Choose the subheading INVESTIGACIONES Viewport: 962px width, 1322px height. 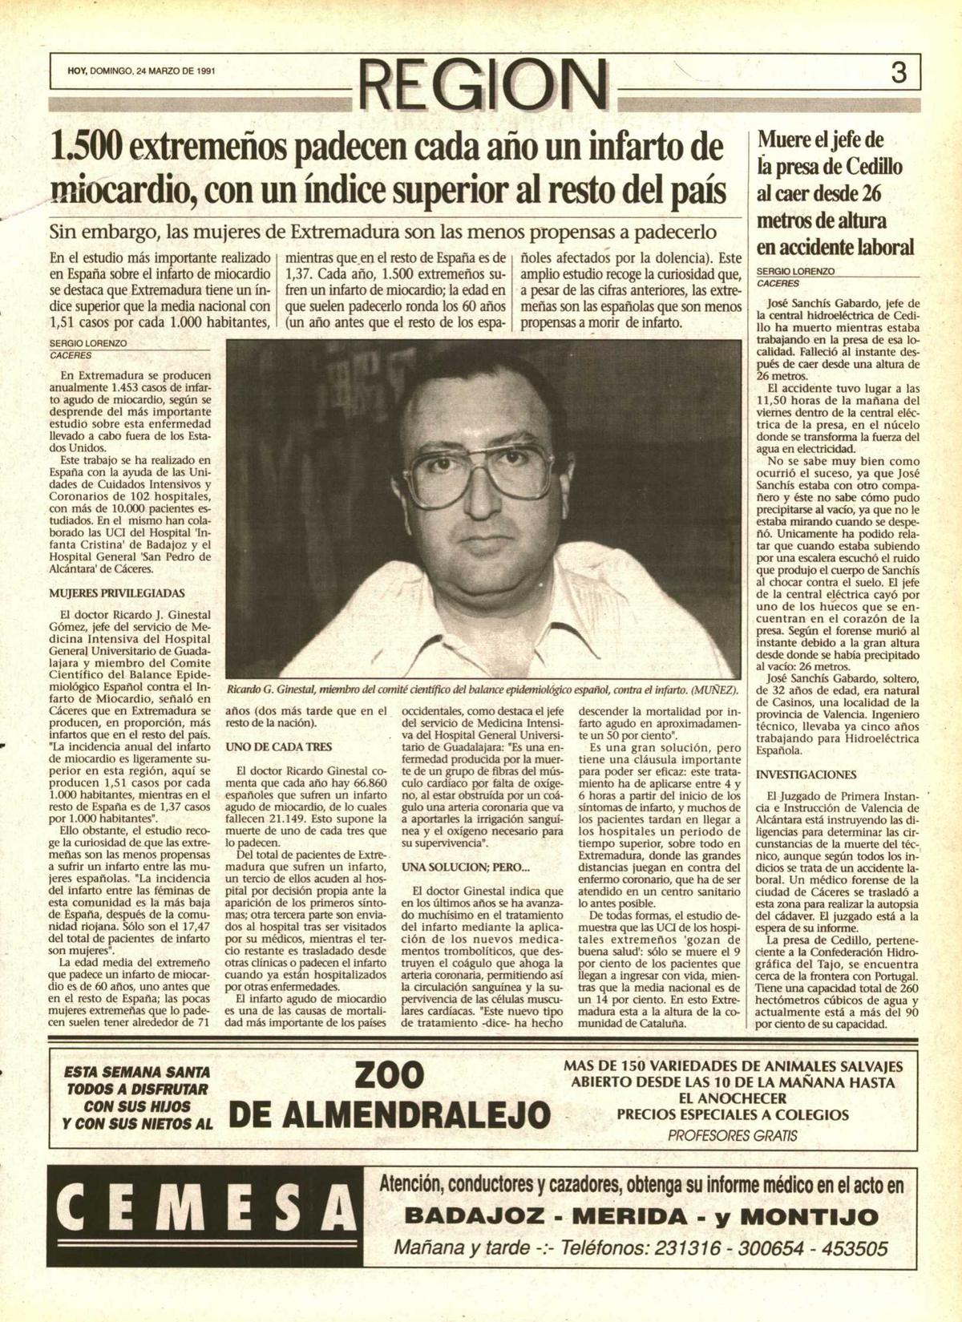(x=806, y=774)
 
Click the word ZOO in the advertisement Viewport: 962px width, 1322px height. (x=389, y=1076)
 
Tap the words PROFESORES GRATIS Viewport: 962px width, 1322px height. (x=732, y=1136)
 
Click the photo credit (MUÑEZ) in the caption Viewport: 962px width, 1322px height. (x=715, y=689)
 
